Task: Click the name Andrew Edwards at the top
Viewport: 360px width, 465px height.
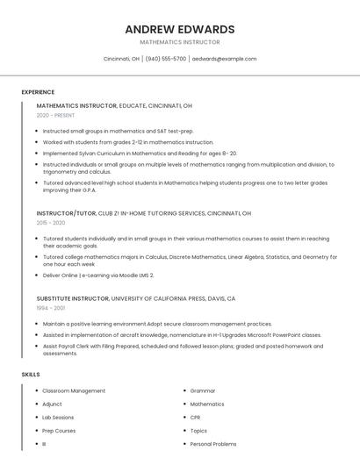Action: click(180, 29)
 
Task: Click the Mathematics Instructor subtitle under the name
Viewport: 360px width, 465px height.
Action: click(180, 42)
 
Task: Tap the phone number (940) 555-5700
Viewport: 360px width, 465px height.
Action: click(166, 59)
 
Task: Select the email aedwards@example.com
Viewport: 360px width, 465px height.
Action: click(224, 59)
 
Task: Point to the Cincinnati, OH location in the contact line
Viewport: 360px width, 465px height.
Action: click(121, 59)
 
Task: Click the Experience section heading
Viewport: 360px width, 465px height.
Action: click(38, 92)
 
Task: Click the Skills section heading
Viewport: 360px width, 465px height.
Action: click(31, 375)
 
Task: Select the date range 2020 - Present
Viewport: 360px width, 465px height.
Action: click(55, 115)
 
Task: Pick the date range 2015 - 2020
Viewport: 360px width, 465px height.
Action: click(51, 224)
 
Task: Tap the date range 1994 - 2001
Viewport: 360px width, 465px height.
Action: click(51, 308)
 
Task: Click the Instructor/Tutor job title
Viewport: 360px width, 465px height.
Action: click(67, 213)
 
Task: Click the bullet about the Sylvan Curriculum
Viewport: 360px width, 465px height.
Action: click(140, 153)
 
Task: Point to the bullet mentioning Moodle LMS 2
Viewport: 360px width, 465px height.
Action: click(98, 275)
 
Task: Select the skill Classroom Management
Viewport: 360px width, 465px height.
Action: click(74, 390)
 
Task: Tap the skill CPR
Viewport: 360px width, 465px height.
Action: click(195, 418)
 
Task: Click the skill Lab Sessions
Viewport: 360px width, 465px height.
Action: click(58, 418)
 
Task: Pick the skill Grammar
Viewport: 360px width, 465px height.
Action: click(203, 390)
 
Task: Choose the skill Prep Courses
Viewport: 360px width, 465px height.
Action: click(59, 431)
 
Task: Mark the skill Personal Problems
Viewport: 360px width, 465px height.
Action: click(213, 444)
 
